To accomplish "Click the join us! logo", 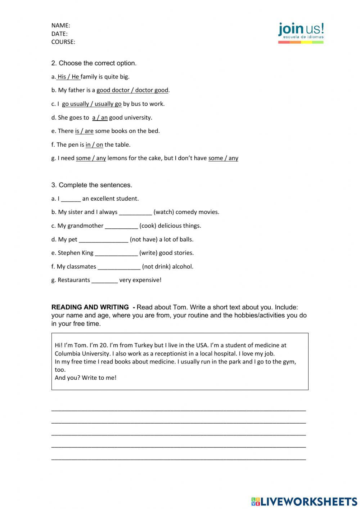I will [x=301, y=32].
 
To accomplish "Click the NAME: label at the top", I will [x=60, y=25].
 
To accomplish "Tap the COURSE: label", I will [x=63, y=42].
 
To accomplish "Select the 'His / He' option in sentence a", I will [x=68, y=77].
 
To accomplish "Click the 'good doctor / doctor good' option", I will [x=132, y=90].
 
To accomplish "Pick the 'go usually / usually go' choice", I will [x=91, y=104].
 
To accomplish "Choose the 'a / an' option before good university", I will [x=100, y=117].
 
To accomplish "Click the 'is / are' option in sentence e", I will [x=84, y=131].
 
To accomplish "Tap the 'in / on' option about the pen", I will [x=94, y=145].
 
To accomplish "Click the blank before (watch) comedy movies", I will [x=135, y=212].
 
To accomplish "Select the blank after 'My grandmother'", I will [x=121, y=226].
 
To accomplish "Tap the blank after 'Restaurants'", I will [x=104, y=280].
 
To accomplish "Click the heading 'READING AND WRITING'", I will [x=90, y=307].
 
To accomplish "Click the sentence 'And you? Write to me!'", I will [x=86, y=378].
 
